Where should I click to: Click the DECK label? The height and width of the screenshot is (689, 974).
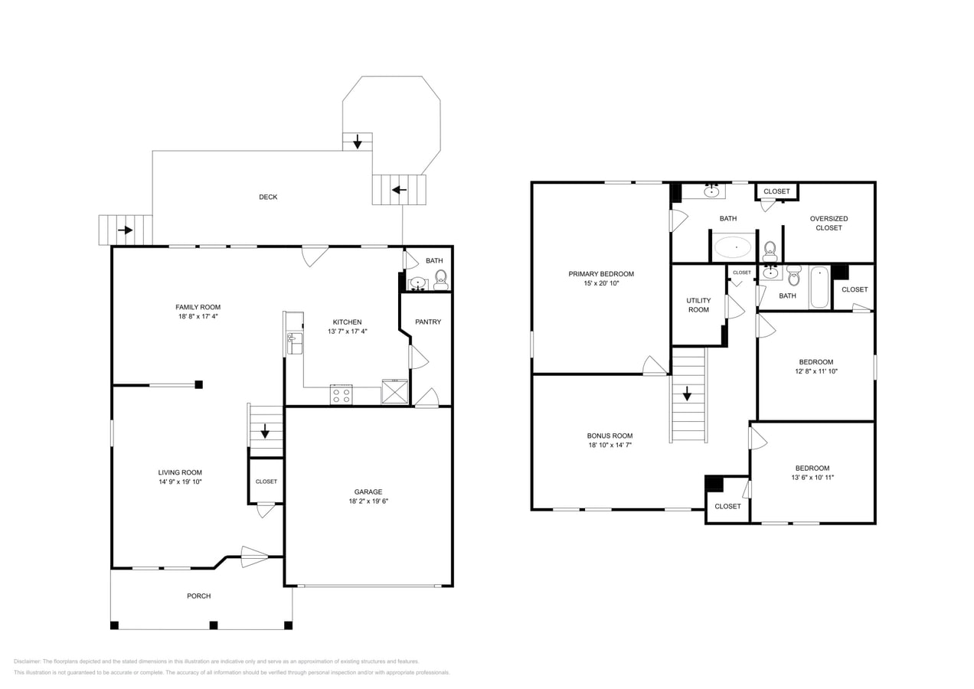[x=268, y=197]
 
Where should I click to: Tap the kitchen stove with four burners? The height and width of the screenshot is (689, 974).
[x=342, y=395]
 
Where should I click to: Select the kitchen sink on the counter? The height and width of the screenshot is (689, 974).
[x=294, y=343]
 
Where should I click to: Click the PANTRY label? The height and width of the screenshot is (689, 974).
[x=428, y=322]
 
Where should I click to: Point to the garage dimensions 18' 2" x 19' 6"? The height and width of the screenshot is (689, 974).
[x=368, y=501]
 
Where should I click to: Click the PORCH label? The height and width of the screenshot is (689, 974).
[x=198, y=596]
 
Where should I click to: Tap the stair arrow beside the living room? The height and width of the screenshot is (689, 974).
[x=265, y=431]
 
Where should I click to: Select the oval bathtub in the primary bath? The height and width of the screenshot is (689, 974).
[x=733, y=247]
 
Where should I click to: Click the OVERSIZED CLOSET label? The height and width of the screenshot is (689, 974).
[x=829, y=223]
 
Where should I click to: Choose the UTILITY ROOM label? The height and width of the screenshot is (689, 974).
[x=698, y=305]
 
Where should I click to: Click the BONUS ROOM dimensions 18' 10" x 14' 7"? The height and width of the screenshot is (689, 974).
[x=610, y=445]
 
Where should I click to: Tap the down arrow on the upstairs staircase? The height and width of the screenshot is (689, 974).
[x=688, y=393]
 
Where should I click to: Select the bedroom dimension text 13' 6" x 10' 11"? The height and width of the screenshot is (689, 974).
[x=812, y=478]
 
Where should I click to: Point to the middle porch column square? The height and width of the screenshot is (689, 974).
[x=214, y=625]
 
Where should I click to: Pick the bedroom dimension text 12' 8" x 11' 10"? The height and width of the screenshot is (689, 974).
[x=815, y=371]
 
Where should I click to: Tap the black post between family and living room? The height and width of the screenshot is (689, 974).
[x=199, y=384]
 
